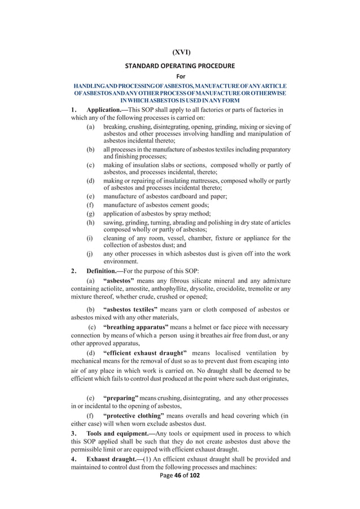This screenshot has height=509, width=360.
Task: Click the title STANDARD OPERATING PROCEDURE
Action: [180, 65]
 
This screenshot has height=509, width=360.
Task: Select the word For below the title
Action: [181, 76]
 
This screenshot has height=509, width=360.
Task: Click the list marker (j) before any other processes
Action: [90, 253]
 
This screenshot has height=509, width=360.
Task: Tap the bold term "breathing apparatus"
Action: [136, 327]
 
